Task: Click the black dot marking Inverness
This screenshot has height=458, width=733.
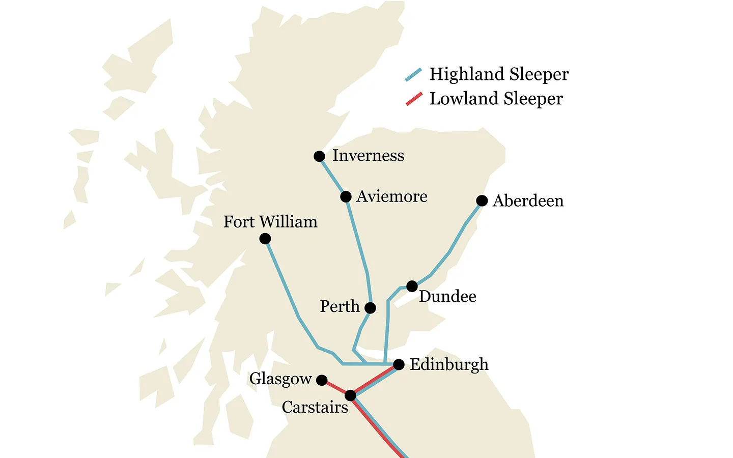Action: pos(319,156)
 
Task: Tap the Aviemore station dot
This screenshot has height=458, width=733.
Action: pos(346,197)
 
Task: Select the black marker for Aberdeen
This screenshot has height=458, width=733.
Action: pos(482,201)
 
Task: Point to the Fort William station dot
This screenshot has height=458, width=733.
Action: pos(265,239)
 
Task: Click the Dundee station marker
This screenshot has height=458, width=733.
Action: pos(412,286)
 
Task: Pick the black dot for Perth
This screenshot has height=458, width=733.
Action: pos(371,308)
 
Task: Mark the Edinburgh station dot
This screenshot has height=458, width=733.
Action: pos(399,364)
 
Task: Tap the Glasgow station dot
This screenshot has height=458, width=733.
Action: pos(322,380)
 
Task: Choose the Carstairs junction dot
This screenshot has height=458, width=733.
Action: pos(350,395)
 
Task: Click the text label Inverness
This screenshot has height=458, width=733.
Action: pos(368,156)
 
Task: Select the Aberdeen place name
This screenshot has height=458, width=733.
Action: pos(528,201)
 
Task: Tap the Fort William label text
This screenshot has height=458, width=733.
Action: pos(270,222)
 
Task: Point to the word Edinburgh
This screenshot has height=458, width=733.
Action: pos(449,364)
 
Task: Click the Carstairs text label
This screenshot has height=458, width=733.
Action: pos(315,407)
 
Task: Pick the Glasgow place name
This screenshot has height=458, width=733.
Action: pos(280,379)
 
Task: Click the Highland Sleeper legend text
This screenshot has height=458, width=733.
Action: pos(499,74)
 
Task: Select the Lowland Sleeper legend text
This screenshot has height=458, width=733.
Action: pos(496,99)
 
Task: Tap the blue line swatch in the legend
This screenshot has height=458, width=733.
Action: pos(413,75)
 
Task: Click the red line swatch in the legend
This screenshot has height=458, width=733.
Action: pos(414,99)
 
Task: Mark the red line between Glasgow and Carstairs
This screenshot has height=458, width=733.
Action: pos(336,388)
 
